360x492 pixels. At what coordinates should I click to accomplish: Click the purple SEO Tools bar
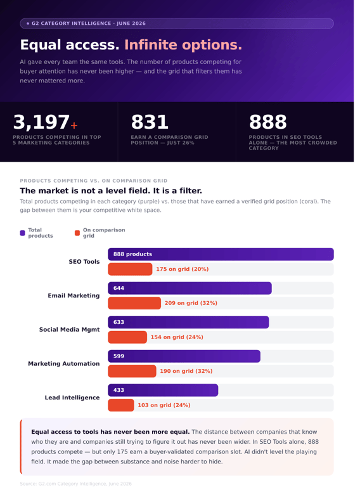[x=221, y=254]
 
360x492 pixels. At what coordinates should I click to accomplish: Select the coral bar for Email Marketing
[x=134, y=303]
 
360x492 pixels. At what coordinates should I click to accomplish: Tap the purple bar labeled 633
[x=188, y=322]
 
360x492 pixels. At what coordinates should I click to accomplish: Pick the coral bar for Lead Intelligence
[x=120, y=405]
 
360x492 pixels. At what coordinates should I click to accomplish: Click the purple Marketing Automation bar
[x=184, y=356]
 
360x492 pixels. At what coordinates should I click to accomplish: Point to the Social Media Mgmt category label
[x=69, y=330]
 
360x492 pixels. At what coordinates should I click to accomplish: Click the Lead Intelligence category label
[x=72, y=398]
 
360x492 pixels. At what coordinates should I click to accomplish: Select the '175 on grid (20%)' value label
[x=182, y=269]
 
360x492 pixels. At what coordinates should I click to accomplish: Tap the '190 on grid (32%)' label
[x=186, y=371]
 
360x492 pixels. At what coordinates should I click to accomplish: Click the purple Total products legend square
[x=23, y=233]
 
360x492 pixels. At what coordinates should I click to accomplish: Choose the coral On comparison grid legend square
[x=77, y=233]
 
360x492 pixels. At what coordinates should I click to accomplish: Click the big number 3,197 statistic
[x=41, y=122]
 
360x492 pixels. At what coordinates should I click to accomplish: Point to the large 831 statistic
[x=150, y=122]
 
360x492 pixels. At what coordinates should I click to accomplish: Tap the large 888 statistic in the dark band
[x=268, y=122]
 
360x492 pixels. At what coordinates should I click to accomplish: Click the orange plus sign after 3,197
[x=74, y=126]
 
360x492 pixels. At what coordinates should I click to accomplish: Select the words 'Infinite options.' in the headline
[x=183, y=45]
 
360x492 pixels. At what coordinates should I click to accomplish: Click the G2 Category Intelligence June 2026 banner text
[x=89, y=23]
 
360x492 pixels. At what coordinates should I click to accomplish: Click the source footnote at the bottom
[x=75, y=484]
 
